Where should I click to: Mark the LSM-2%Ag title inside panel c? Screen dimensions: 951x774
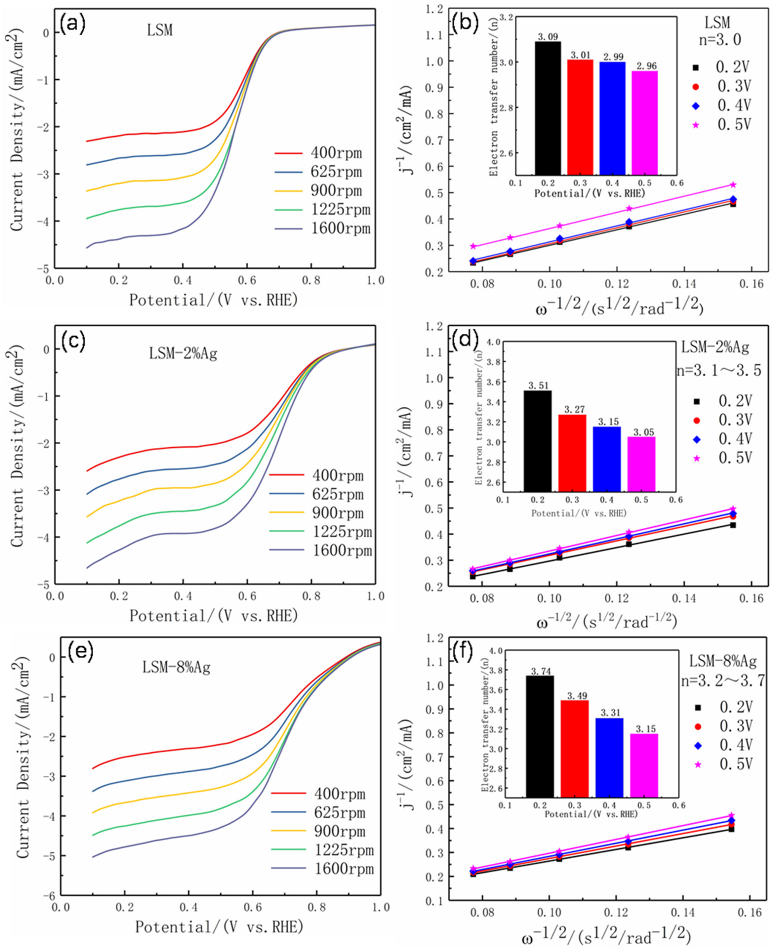(x=183, y=354)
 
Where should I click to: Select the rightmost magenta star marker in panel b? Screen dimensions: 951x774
(x=732, y=185)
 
